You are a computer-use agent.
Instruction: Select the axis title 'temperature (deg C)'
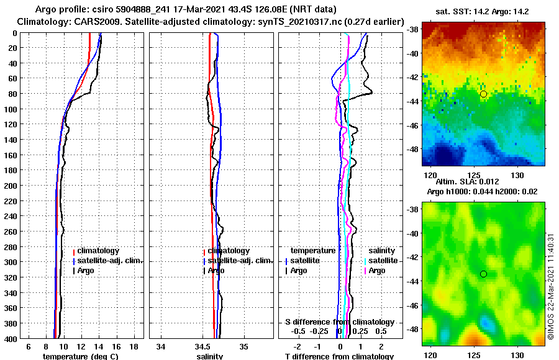point(80,356)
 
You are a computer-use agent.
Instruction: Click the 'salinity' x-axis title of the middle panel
point(211,356)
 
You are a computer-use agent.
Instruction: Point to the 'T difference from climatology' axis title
point(339,356)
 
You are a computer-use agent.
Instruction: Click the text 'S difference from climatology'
point(339,322)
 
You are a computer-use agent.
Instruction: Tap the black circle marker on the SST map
point(483,94)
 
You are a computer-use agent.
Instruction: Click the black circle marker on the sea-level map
point(483,274)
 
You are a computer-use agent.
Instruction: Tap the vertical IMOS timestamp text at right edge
point(550,286)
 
